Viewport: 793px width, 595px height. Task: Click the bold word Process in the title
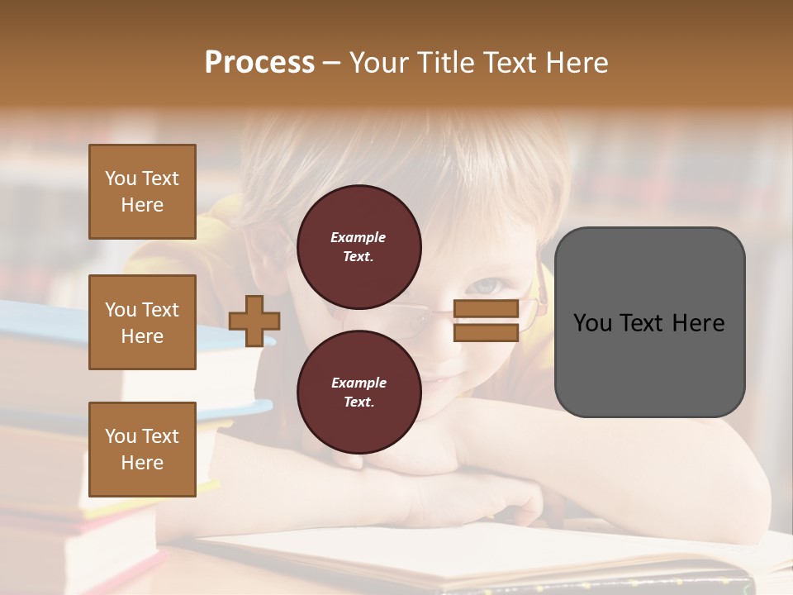259,62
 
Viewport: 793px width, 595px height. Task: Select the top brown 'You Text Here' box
142,192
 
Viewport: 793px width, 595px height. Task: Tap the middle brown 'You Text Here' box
142,322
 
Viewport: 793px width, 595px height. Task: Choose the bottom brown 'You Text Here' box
142,449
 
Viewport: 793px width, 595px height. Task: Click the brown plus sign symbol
254,321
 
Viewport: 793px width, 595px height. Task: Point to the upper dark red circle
359,246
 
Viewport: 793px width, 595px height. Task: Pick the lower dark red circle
359,392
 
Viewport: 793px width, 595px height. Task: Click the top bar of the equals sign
486,309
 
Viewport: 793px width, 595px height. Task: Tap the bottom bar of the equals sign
486,332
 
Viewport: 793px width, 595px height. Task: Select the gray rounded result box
649,322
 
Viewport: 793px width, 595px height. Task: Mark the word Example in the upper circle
359,237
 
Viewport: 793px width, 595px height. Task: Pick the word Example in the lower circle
359,383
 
